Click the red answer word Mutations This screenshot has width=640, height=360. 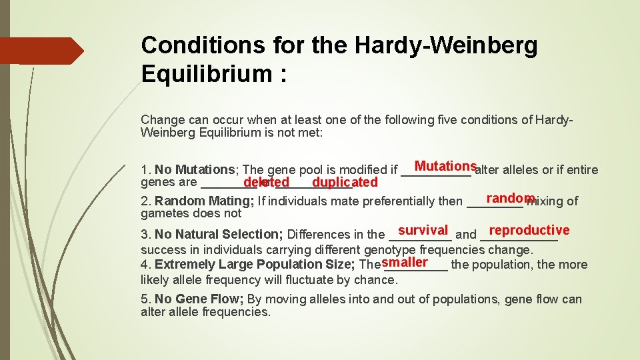coord(445,166)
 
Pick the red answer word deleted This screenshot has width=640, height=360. coord(266,182)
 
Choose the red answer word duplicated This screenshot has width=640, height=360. coord(345,182)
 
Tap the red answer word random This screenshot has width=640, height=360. coord(511,198)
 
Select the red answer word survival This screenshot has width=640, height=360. coord(423,230)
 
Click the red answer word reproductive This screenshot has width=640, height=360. coord(529,230)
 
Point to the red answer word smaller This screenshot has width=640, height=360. coord(405,262)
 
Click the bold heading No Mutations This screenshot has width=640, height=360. coord(194,170)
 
